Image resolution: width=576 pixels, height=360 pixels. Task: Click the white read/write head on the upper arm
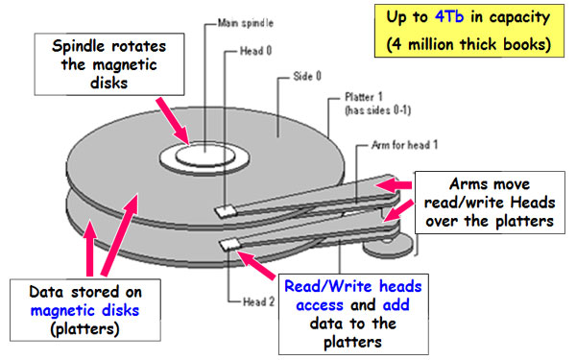tap(226, 209)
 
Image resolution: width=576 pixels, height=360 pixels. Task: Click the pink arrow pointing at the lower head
tap(258, 260)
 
